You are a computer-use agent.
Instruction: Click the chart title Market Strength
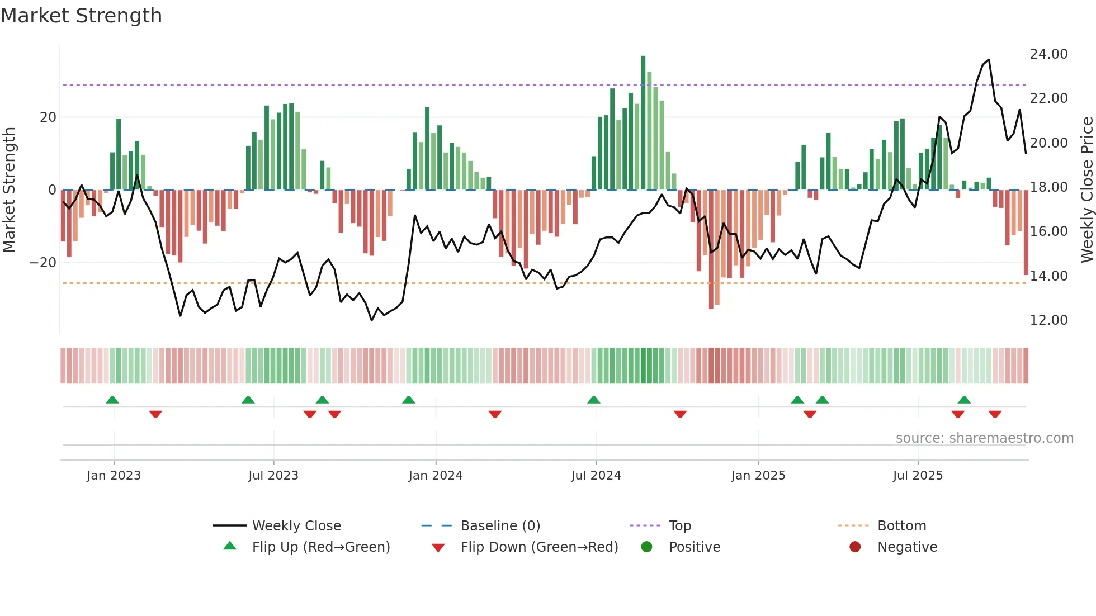tap(81, 16)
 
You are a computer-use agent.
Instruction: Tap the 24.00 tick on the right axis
tap(1048, 54)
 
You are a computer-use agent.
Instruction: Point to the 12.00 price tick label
tap(1048, 320)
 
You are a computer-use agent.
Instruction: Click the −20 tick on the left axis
tap(43, 263)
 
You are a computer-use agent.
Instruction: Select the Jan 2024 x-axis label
tap(436, 476)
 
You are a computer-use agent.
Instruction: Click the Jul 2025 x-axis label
tap(918, 476)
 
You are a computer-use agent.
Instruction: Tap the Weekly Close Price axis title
tap(1086, 190)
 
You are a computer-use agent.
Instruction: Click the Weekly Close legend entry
tap(296, 526)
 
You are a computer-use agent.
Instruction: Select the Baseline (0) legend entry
tap(500, 526)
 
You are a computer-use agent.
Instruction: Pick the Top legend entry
tap(679, 526)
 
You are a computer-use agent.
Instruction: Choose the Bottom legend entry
tap(901, 526)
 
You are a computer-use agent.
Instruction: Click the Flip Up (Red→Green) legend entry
tap(320, 547)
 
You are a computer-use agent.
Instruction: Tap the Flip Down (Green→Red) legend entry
tap(539, 547)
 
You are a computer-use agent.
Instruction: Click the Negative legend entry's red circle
tap(855, 547)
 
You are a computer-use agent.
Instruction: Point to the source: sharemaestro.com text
tap(984, 438)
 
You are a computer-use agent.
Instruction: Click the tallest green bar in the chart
tap(643, 123)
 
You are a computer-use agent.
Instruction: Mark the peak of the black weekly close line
tap(989, 60)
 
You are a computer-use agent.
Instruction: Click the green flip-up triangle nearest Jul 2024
tap(594, 400)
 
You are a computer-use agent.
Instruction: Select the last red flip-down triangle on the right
tap(995, 414)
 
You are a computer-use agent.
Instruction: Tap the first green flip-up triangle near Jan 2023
tap(112, 400)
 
